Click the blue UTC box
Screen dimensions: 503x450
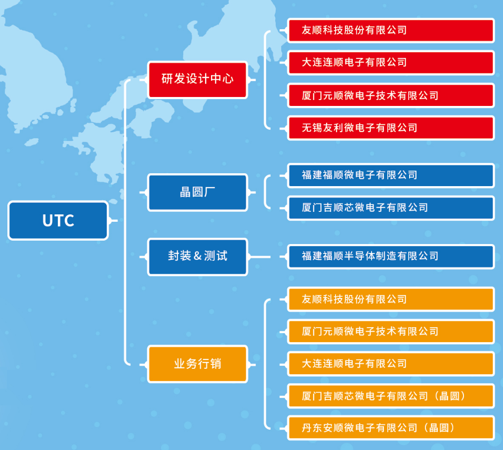tap(58, 220)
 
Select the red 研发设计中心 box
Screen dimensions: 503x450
tap(197, 79)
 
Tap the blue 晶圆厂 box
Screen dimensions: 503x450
tap(197, 192)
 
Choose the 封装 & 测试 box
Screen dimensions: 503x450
tap(197, 257)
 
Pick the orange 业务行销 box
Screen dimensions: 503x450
tap(197, 364)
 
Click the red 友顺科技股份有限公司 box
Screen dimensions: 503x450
tap(391, 31)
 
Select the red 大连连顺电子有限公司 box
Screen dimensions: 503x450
tap(391, 63)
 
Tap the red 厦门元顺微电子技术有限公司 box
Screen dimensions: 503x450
tap(391, 96)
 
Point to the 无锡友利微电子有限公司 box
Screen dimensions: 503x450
tap(391, 128)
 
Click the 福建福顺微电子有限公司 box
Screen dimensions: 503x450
tap(391, 175)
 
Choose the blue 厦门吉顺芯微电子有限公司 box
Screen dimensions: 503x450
tap(391, 207)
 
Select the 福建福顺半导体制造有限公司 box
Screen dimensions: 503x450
tap(391, 256)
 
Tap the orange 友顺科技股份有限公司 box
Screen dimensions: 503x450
tap(391, 300)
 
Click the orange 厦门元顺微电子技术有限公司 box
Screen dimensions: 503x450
tap(391, 332)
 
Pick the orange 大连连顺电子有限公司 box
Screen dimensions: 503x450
tap(391, 364)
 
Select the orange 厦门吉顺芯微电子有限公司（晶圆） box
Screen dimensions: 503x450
tap(391, 396)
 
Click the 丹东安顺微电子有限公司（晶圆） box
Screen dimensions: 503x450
tap(391, 428)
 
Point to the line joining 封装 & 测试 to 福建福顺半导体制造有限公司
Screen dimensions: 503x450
tap(260, 257)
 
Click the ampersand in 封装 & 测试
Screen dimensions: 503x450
tap(198, 256)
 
